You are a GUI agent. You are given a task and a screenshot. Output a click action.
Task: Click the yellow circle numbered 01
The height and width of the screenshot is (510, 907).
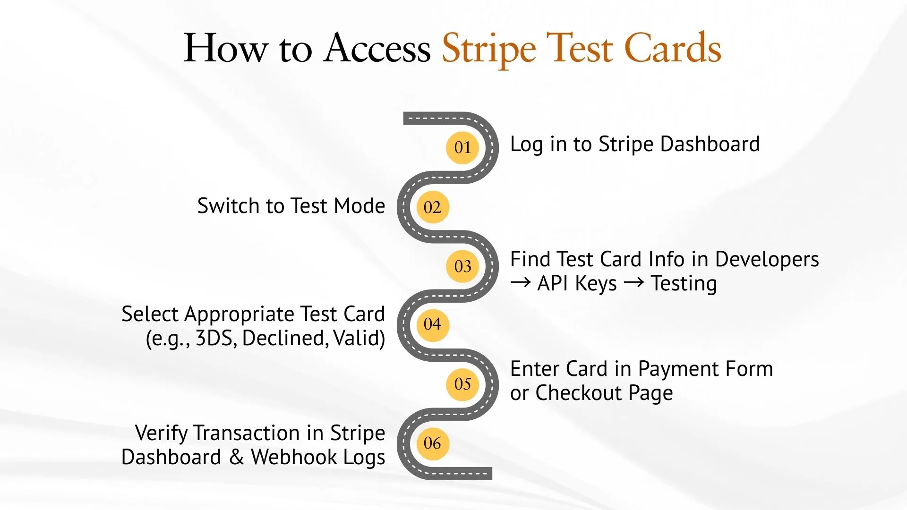(462, 147)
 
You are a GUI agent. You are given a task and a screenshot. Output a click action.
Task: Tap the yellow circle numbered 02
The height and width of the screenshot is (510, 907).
(432, 207)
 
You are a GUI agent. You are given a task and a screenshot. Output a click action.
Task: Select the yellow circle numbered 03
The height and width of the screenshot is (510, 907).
(462, 266)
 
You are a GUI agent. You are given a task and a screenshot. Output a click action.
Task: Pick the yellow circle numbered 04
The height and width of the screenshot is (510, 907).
(432, 324)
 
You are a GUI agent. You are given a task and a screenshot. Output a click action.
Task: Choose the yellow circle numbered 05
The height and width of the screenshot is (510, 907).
(462, 383)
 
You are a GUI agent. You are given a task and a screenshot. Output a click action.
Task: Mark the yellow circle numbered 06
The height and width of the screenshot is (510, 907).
(432, 443)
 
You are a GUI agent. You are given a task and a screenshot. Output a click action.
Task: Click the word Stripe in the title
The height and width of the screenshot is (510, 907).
(489, 49)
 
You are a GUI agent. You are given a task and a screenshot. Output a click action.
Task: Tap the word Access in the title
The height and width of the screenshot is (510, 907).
(377, 49)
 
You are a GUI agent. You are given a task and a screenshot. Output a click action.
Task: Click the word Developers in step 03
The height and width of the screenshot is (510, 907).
(767, 259)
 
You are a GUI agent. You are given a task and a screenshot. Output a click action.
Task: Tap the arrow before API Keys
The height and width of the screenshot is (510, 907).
(521, 283)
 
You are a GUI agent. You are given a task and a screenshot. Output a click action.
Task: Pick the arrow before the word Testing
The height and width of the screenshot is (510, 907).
(633, 283)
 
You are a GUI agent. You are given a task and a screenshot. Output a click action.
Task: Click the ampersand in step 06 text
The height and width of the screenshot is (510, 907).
(236, 457)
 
